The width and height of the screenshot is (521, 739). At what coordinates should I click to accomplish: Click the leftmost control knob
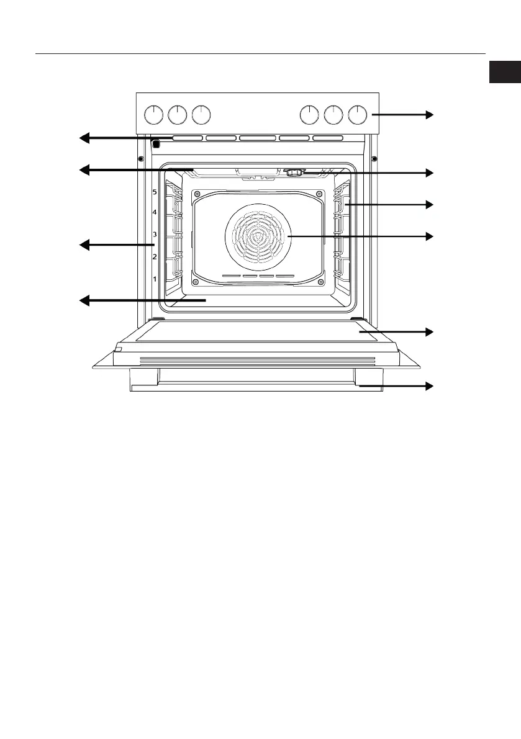click(x=153, y=115)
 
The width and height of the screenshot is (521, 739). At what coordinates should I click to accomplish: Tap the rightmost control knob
click(x=358, y=115)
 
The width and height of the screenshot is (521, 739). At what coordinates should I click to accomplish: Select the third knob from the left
click(x=201, y=115)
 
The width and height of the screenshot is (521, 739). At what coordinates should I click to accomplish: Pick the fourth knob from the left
click(x=309, y=115)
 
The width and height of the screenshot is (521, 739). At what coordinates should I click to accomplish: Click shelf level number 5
click(x=155, y=192)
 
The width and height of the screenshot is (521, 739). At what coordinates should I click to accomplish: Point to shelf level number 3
click(x=155, y=235)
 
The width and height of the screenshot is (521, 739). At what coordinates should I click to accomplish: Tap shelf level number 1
click(x=155, y=279)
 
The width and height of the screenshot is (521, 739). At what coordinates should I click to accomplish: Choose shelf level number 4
click(x=155, y=213)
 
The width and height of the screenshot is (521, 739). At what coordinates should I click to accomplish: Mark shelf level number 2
click(x=155, y=256)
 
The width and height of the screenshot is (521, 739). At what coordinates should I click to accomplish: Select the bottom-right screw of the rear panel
click(x=320, y=282)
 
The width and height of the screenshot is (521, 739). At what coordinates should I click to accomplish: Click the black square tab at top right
click(x=504, y=72)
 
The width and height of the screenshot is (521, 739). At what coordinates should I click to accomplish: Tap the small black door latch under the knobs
click(x=156, y=145)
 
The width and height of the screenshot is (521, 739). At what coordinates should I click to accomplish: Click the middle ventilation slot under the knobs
click(x=257, y=138)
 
